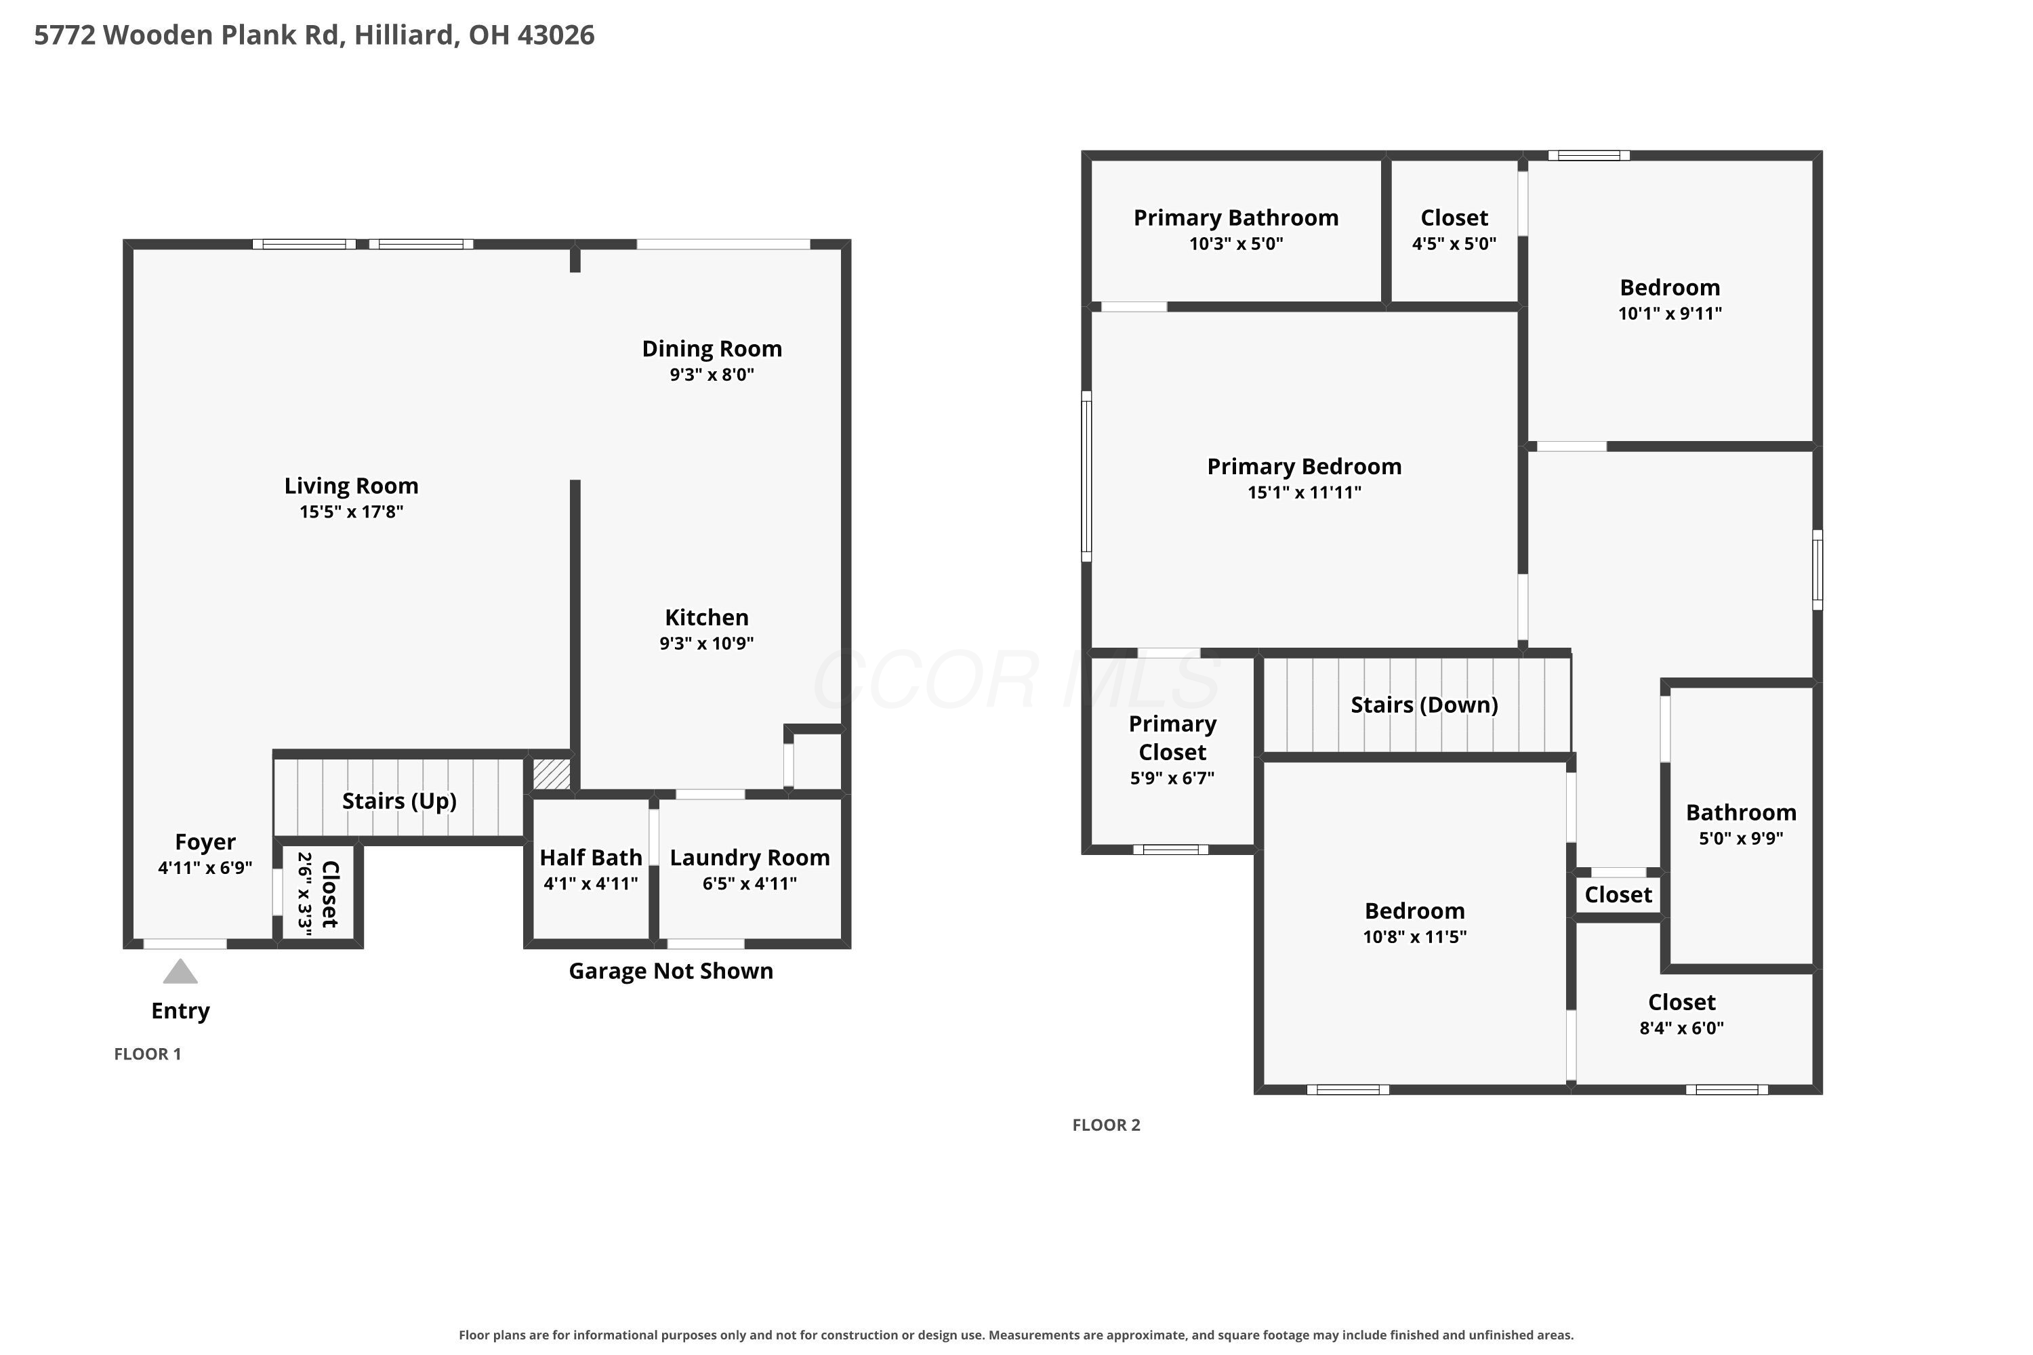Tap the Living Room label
351,486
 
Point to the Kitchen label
706,617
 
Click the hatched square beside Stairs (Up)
552,774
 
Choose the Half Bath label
590,857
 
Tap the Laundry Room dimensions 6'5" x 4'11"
749,883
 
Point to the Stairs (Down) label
1424,705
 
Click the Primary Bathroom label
1236,217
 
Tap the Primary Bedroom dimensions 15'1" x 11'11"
1305,493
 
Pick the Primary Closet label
1172,738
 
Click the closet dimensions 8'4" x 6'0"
1681,1028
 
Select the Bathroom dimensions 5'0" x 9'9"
1741,838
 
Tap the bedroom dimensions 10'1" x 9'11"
1670,314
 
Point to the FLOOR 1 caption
148,1054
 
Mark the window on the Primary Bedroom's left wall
1086,476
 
